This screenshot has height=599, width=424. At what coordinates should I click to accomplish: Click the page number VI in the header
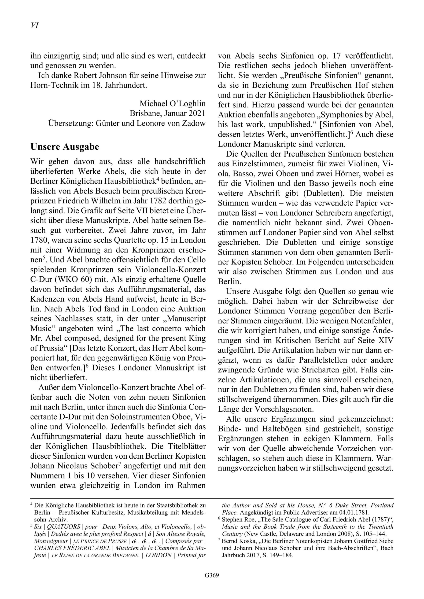[x=34, y=26]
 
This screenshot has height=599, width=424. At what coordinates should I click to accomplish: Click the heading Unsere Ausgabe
[x=65, y=147]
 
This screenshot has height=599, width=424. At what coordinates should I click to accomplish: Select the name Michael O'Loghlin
[x=173, y=104]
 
